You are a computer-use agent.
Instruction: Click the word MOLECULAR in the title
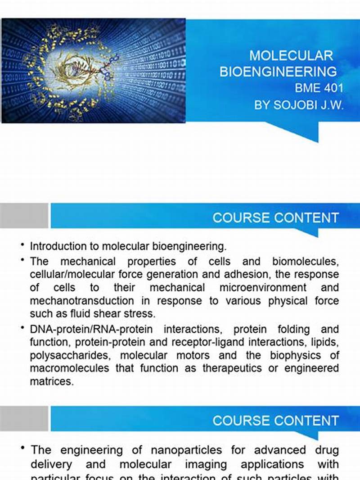point(291,56)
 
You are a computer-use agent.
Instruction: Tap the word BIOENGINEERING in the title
point(278,72)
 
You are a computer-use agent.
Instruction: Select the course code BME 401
point(319,88)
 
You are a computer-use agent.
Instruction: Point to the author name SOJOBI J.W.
point(312,105)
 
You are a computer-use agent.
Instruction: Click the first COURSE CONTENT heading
point(275,218)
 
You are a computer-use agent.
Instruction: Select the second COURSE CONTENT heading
point(275,421)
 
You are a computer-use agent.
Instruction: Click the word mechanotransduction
point(82,301)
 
